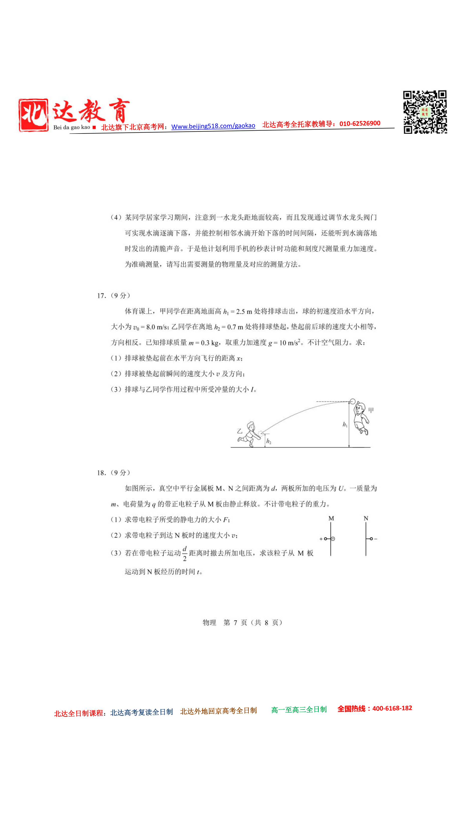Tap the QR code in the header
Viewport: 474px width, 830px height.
pyautogui.click(x=425, y=112)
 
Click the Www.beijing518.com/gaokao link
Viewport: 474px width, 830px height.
pyautogui.click(x=213, y=126)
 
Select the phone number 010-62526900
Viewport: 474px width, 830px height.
pyautogui.click(x=360, y=123)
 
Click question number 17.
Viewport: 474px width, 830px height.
pyautogui.click(x=101, y=296)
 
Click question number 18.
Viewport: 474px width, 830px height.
pyautogui.click(x=101, y=473)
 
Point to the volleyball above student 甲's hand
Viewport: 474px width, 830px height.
pyautogui.click(x=353, y=401)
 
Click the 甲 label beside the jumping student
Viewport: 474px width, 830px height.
pyautogui.click(x=371, y=410)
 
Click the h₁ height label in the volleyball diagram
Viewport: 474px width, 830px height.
pyautogui.click(x=345, y=424)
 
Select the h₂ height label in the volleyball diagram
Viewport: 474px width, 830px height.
pyautogui.click(x=269, y=441)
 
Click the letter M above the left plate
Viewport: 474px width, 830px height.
pyautogui.click(x=331, y=518)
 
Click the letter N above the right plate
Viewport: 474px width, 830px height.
pyautogui.click(x=366, y=518)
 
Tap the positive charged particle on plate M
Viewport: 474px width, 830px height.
pyautogui.click(x=333, y=539)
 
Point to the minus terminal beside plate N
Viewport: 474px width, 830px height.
pyautogui.click(x=376, y=539)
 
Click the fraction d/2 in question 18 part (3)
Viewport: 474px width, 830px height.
pyautogui.click(x=185, y=553)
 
